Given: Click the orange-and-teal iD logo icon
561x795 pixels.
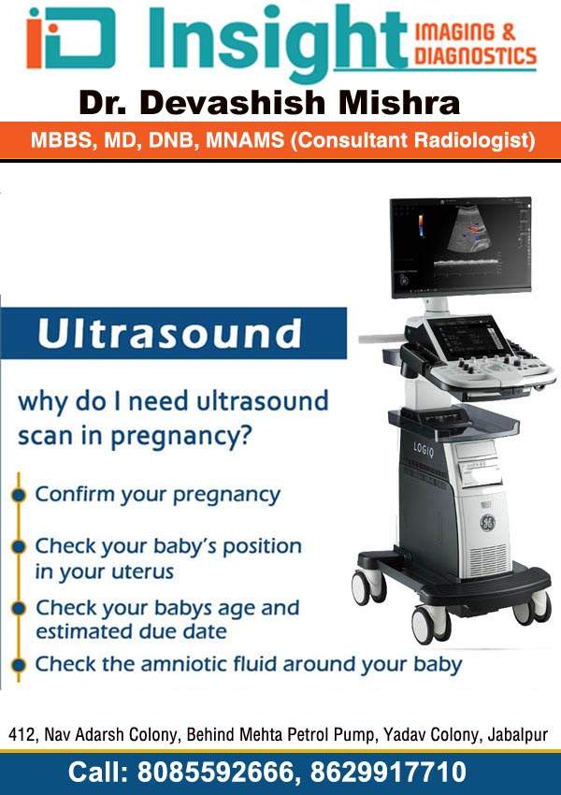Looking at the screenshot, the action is point(70,37).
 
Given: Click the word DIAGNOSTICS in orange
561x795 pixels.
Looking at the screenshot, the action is point(475,56).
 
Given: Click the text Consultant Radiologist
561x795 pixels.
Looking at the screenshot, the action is point(412,140).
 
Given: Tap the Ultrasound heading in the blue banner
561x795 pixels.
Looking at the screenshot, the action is point(169,334).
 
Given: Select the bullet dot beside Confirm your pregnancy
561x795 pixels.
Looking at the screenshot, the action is point(19,495).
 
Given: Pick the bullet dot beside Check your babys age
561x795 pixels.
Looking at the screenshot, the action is point(19,609).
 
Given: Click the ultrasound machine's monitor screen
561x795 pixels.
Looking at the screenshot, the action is point(461,248).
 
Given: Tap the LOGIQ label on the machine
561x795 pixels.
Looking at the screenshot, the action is point(424,450).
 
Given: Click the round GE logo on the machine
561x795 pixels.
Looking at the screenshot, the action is point(487,523).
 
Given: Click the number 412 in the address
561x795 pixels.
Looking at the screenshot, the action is point(21,734).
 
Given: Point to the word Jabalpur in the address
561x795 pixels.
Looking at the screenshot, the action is point(517,735).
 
